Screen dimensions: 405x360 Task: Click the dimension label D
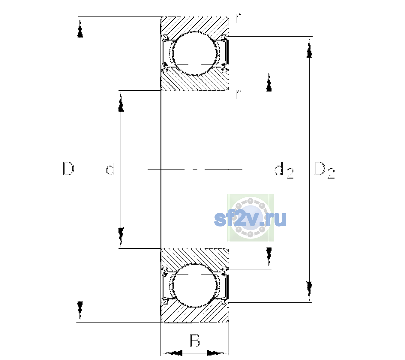coord(69,169)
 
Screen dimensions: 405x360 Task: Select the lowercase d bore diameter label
coord(110,169)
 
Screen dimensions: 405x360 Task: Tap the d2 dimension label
coord(284,170)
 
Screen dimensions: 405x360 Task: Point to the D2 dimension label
coord(324,170)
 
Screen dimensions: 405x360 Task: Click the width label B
coord(195,340)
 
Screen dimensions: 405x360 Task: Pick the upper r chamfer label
coord(238,18)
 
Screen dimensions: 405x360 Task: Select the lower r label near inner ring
coord(238,94)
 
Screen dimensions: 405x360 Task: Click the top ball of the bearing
coord(195,54)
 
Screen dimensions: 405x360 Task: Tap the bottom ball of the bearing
coord(195,285)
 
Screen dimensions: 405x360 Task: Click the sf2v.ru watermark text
coord(250,219)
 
